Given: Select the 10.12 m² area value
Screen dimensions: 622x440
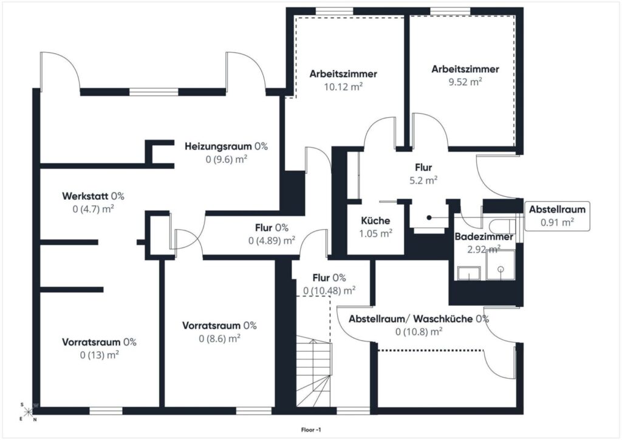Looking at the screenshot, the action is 344,86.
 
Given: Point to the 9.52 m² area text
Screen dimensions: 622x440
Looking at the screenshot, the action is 465,81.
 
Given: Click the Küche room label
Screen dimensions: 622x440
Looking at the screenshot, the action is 375,221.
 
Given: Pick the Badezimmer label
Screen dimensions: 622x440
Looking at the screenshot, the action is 484,237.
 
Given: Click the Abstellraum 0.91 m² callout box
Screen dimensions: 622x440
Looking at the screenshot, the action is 557,216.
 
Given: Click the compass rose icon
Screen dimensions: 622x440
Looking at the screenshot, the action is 28,412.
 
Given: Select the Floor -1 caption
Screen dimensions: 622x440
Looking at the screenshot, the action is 311,430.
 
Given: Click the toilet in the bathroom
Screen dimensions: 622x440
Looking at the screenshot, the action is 504,227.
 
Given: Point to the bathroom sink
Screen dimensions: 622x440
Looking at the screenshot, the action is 468,273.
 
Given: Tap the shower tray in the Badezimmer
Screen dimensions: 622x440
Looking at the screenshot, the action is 501,265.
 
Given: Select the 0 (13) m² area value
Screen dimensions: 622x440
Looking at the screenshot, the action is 100,355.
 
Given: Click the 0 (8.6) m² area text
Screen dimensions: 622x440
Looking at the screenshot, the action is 219,339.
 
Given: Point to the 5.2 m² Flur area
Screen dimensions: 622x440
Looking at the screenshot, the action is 423,180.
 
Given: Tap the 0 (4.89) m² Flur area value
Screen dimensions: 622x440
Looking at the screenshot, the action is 272,241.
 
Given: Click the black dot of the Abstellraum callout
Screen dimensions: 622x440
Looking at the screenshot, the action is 429,218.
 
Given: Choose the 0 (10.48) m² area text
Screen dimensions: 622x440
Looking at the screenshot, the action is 329,291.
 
